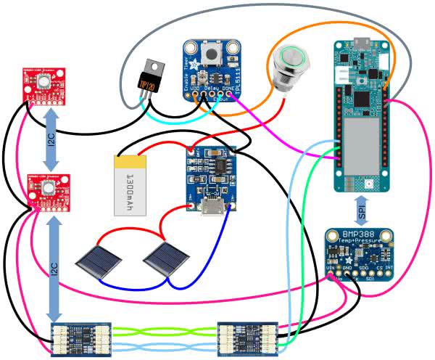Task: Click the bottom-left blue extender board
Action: (x=82, y=336)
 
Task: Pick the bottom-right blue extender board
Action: (x=249, y=336)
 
